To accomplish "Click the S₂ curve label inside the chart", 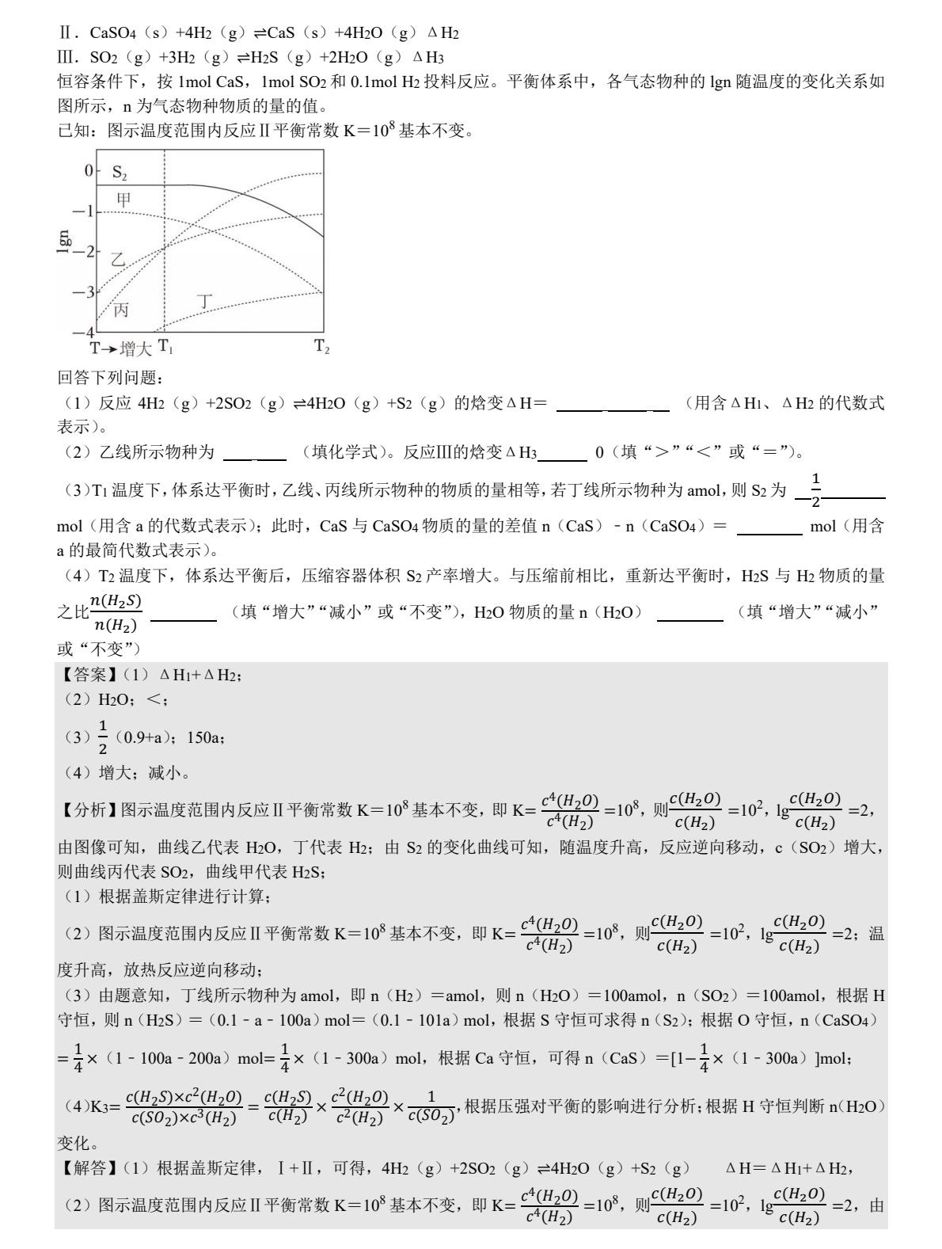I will [120, 172].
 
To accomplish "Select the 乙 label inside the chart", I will [118, 260].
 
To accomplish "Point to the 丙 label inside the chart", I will [120, 310].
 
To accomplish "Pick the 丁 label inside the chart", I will [205, 301].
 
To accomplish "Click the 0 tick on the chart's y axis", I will [89, 170].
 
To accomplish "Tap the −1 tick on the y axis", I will [84, 211].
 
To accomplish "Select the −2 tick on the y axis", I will [84, 252].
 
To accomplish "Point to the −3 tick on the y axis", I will [84, 292].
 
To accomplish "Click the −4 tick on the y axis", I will [84, 332].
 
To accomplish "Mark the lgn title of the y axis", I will [64, 242].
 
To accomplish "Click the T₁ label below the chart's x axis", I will [165, 346].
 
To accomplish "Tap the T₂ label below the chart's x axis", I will [321, 346].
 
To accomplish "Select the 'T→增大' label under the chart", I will [120, 348].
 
